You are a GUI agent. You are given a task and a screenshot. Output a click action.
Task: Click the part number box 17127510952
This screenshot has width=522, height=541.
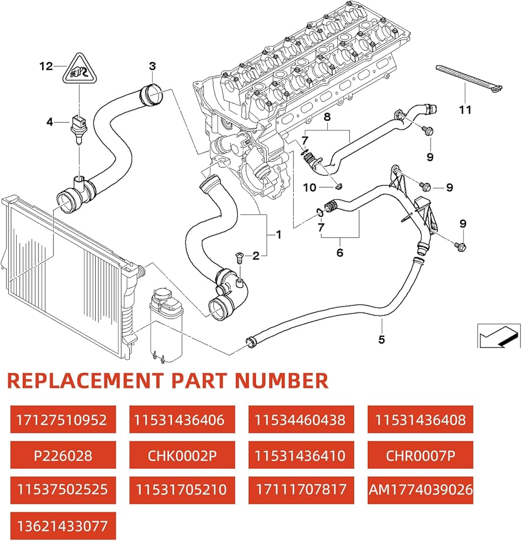(63, 420)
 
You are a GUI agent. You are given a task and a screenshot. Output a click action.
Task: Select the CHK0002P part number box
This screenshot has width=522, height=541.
(182, 455)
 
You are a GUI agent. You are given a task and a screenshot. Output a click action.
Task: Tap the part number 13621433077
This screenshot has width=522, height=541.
(63, 526)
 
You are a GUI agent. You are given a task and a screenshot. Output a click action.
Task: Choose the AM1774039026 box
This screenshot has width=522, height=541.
(420, 490)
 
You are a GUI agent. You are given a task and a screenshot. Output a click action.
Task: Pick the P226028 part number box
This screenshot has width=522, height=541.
(63, 455)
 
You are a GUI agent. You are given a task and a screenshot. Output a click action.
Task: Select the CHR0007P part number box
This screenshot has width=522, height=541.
(420, 455)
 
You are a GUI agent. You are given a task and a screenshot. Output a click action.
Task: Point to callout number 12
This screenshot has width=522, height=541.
(46, 67)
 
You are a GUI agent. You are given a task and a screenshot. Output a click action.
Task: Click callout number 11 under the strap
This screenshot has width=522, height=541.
(465, 110)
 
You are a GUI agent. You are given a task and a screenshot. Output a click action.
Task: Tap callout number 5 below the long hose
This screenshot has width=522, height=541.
(381, 340)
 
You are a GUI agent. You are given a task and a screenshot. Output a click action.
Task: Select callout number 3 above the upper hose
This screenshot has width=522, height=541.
(153, 67)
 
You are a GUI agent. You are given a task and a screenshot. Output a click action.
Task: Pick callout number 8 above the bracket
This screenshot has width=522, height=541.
(326, 116)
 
